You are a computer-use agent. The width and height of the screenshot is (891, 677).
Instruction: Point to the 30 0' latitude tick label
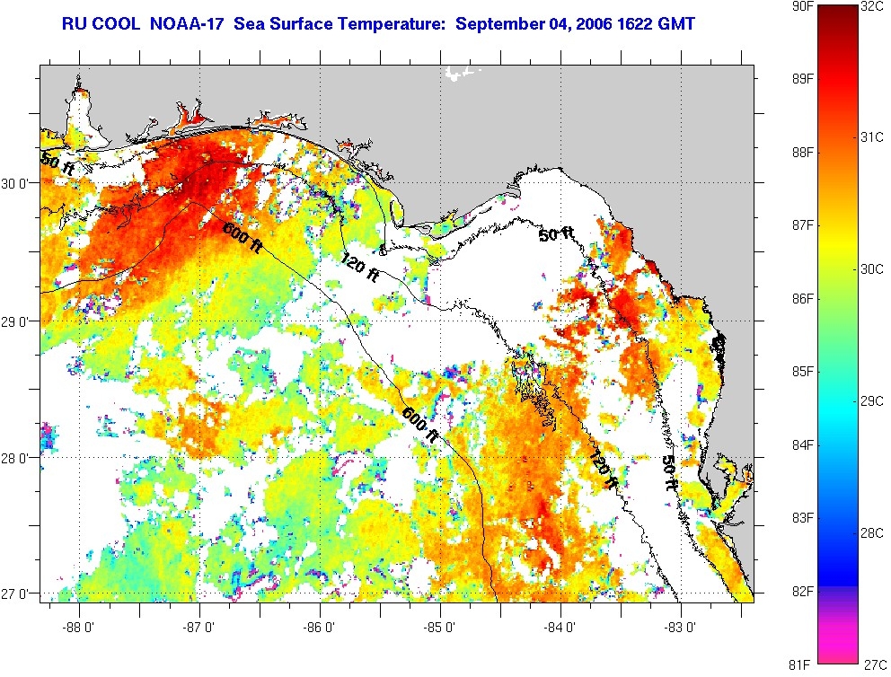[19, 183]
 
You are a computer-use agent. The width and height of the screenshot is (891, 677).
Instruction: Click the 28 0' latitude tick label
[19, 458]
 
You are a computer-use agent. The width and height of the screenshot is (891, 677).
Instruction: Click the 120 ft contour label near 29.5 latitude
[358, 267]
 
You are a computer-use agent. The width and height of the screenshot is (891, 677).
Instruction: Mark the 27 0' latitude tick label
[19, 593]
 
